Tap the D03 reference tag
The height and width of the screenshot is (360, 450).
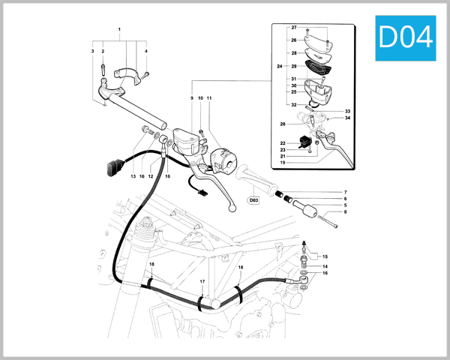click(253, 200)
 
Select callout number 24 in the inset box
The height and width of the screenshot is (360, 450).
click(280, 66)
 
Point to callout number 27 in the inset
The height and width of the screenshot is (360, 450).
click(294, 27)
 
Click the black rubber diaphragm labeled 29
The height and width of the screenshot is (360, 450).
click(320, 66)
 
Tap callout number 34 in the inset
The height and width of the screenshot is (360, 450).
click(348, 118)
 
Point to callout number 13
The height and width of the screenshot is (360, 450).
click(133, 176)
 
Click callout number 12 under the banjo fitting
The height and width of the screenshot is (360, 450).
click(151, 176)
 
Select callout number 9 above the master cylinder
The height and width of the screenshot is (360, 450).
click(191, 98)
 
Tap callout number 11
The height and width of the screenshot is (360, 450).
click(210, 98)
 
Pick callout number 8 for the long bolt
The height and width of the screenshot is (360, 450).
click(345, 212)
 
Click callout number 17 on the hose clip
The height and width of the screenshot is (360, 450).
click(202, 281)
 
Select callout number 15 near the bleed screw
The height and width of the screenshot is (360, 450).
click(325, 256)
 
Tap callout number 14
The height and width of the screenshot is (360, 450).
click(325, 266)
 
